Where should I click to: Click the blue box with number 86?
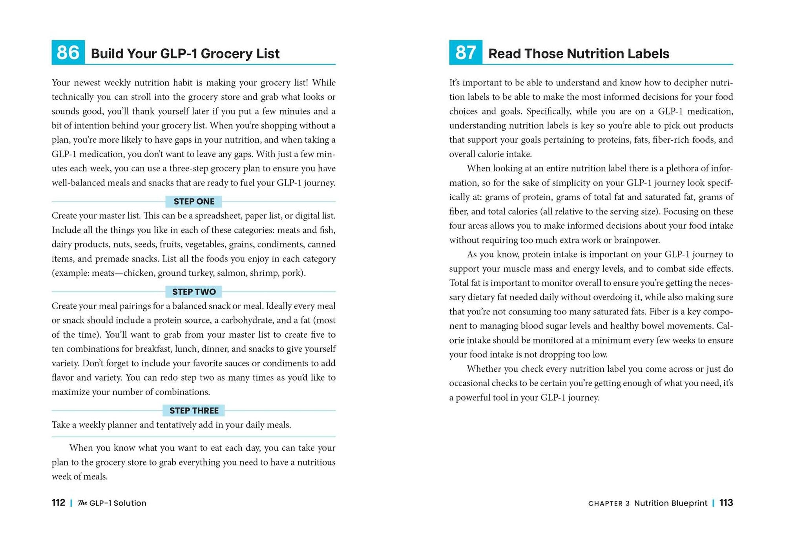pyautogui.click(x=68, y=52)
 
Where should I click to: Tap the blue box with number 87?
pyautogui.click(x=466, y=52)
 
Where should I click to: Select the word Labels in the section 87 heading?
pyautogui.click(x=648, y=54)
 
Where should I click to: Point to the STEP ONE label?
pyautogui.click(x=194, y=202)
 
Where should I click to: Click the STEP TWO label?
pyautogui.click(x=194, y=292)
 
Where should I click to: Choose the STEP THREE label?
pyautogui.click(x=194, y=411)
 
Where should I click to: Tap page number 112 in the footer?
pyautogui.click(x=58, y=503)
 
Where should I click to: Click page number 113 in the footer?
pyautogui.click(x=726, y=503)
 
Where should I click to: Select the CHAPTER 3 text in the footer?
pyautogui.click(x=609, y=504)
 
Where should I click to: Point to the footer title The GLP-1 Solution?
pyautogui.click(x=112, y=503)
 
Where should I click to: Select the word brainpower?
pyautogui.click(x=637, y=240)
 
